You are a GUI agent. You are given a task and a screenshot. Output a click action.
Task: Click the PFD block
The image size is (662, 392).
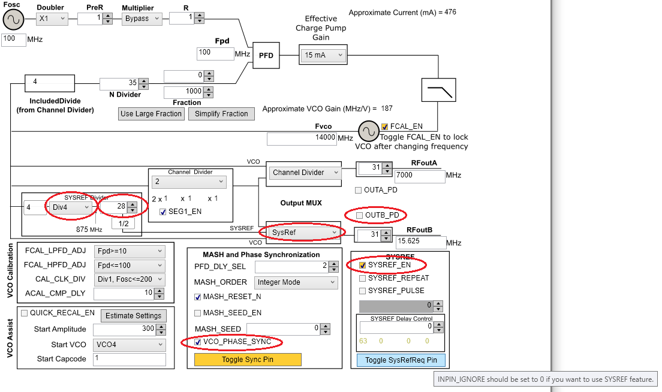(266, 55)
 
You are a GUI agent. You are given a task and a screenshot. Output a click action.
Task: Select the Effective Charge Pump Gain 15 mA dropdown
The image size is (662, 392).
(323, 55)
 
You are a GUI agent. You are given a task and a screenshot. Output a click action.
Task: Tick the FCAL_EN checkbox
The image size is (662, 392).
(385, 126)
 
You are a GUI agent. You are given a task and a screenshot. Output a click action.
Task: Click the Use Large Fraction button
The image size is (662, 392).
(151, 114)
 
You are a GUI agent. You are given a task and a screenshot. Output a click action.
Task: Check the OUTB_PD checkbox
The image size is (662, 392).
(359, 215)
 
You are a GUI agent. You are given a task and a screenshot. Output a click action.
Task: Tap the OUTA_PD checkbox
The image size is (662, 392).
(359, 190)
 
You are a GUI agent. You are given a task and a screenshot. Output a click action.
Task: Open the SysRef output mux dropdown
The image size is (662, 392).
(303, 232)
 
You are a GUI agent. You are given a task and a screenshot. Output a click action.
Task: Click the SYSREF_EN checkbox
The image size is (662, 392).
(362, 264)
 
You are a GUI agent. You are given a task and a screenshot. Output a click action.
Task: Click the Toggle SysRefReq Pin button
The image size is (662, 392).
(401, 360)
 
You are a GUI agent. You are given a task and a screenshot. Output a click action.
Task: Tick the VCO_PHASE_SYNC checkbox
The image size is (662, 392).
(198, 342)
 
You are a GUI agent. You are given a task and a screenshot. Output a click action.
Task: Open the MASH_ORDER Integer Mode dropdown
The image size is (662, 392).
(296, 282)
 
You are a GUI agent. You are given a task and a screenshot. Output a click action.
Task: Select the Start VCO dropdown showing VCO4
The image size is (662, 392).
(129, 345)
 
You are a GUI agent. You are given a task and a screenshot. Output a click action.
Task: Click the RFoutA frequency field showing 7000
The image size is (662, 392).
(419, 176)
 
